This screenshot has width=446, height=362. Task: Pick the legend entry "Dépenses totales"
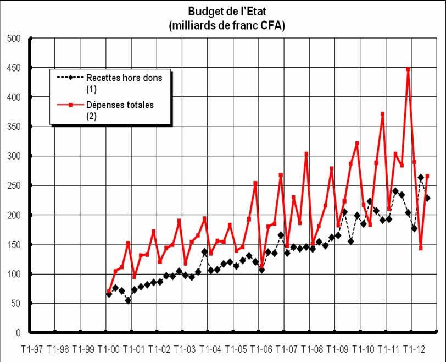click(120, 105)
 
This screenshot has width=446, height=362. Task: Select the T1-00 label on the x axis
click(108, 349)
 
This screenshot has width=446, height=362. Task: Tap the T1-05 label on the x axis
click(235, 349)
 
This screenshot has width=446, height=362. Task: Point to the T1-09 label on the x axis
click(337, 349)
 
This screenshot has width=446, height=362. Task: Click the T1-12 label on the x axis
click(414, 349)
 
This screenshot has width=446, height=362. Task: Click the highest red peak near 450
click(408, 69)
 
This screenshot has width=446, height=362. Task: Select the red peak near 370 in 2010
click(382, 114)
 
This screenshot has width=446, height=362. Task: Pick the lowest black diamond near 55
click(128, 300)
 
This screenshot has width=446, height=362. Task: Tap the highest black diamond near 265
click(421, 177)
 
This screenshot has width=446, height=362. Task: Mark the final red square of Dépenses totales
click(427, 176)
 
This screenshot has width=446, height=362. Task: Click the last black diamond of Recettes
click(427, 198)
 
